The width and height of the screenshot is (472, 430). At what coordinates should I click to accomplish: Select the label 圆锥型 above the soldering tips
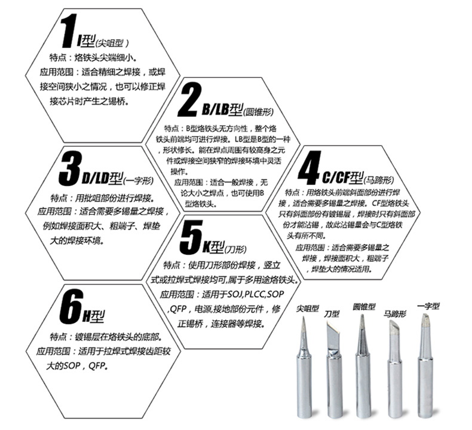tap(364, 306)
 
